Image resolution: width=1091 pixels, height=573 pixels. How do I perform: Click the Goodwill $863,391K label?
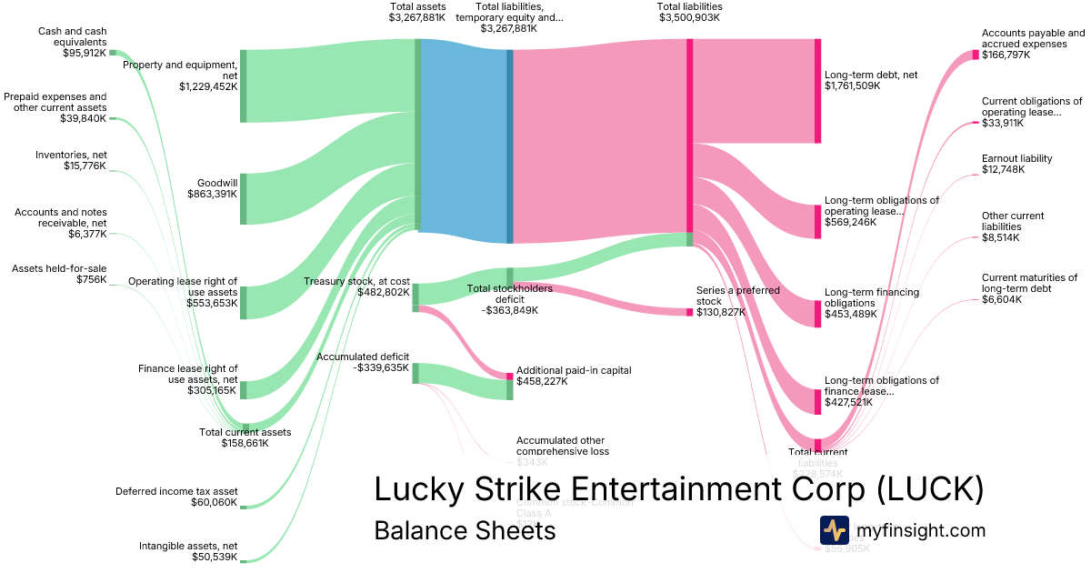click(212, 187)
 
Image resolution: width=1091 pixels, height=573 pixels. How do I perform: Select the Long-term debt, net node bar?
click(817, 91)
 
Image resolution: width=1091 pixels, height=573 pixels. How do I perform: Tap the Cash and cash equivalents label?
click(72, 42)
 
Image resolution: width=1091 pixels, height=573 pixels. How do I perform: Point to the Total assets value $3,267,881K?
click(417, 17)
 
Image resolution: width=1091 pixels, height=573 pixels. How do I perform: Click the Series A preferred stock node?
click(689, 312)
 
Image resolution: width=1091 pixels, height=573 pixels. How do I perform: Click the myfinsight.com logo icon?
click(834, 530)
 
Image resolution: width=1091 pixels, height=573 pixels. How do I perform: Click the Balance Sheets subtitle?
click(464, 530)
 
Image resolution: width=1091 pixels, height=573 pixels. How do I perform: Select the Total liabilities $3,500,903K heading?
click(689, 12)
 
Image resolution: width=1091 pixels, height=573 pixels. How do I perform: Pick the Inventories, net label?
click(71, 160)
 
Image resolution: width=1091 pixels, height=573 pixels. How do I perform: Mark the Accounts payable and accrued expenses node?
click(976, 55)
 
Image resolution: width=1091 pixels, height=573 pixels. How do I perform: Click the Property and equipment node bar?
click(243, 86)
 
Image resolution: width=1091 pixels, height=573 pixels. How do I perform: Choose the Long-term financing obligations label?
click(871, 297)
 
